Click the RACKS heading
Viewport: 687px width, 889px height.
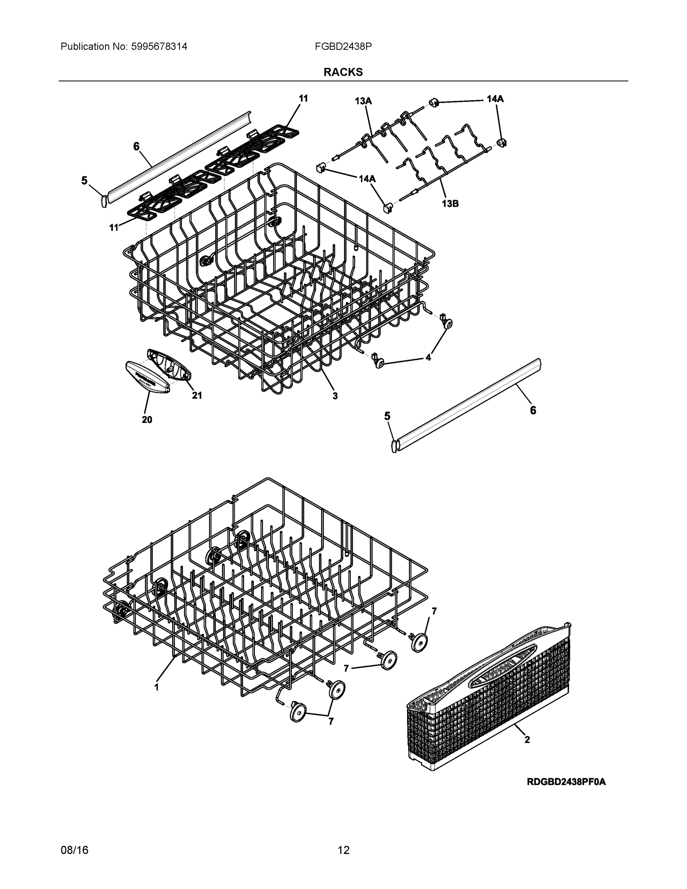pos(343,72)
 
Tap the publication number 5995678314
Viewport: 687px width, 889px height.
pos(159,46)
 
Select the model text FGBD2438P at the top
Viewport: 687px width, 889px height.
pos(343,46)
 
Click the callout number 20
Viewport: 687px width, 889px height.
pos(147,420)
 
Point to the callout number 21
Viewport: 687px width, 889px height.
pos(197,395)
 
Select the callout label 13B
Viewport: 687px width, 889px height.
pos(450,203)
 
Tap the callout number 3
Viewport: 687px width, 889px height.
pos(335,396)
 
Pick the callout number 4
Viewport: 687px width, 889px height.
pos(428,357)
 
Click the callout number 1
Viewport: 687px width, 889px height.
pos(156,687)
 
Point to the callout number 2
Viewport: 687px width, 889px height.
pos(527,740)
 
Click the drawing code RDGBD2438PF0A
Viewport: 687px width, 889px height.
pos(566,782)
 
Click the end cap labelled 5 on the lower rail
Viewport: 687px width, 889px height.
pos(394,445)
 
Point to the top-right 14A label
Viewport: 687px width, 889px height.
pos(495,99)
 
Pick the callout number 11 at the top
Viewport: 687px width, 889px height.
pos(303,98)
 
